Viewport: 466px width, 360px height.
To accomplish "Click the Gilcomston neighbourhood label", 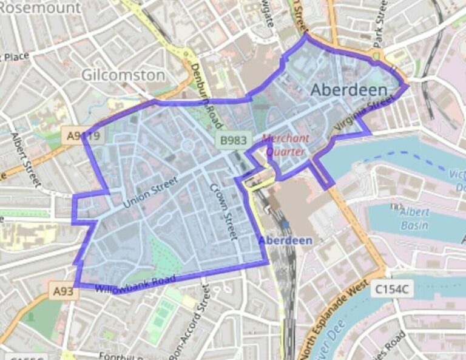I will [x=123, y=75].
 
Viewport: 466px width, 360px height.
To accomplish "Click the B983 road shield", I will [x=234, y=141].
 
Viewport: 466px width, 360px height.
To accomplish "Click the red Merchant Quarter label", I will [x=286, y=144].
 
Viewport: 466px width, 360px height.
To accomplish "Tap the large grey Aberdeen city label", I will [x=349, y=90].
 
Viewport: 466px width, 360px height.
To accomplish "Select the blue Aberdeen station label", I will [x=286, y=240].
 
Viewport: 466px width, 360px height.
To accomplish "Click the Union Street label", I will [x=151, y=192].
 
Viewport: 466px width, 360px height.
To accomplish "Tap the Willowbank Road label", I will [x=135, y=283].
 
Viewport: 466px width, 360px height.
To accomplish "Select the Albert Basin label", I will [x=414, y=219].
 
